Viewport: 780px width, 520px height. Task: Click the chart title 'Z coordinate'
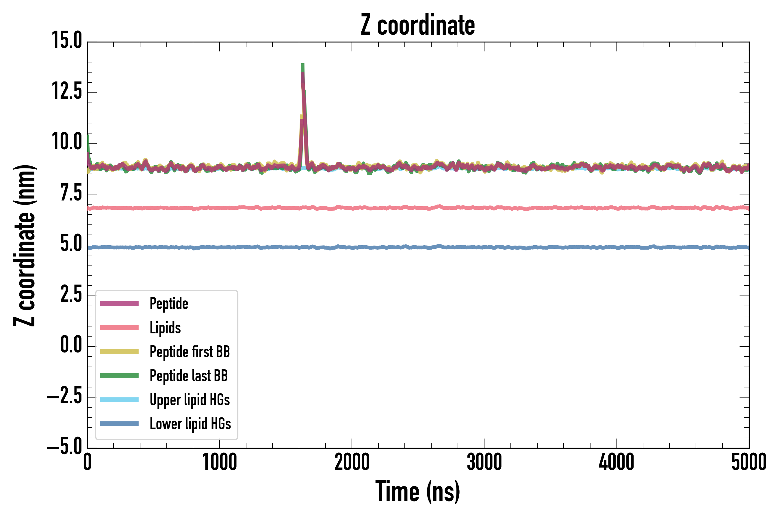coord(417,25)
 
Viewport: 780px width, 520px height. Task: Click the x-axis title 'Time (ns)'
coord(417,491)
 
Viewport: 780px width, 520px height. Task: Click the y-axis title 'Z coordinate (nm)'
coord(25,245)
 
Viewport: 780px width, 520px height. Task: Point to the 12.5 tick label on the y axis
coord(67,91)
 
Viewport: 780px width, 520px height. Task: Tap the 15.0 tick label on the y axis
coord(67,40)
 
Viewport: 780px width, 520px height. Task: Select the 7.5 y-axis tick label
coord(71,193)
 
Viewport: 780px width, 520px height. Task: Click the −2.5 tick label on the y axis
coord(64,396)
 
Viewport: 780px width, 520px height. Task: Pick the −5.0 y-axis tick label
coord(64,446)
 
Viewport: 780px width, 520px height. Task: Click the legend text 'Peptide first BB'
coord(190,352)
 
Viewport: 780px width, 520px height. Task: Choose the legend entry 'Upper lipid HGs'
coord(190,400)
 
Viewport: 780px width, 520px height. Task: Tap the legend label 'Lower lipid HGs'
coord(190,424)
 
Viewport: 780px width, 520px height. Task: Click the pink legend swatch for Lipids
coord(119,328)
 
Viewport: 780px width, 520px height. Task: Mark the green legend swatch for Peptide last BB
coord(119,375)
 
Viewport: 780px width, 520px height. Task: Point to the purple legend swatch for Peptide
coord(119,303)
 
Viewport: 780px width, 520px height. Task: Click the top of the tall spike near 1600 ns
coord(302,64)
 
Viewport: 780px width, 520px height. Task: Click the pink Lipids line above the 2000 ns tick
coord(352,208)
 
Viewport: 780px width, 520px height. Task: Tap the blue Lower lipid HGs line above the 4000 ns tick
coord(617,247)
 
